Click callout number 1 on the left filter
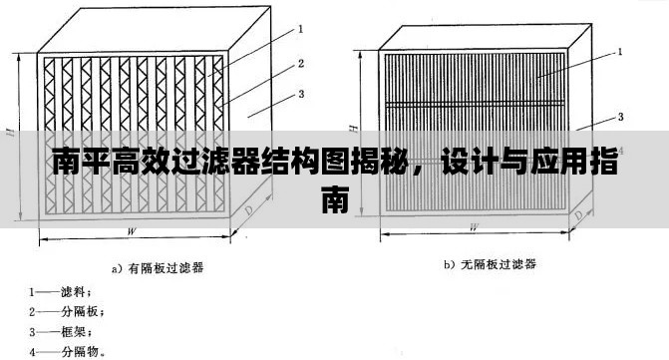coord(300,29)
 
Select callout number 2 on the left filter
coord(300,63)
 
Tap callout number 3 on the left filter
coord(300,96)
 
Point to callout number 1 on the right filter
coord(620,50)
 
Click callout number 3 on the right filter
coord(620,117)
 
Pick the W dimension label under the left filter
coord(132,231)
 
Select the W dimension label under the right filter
coord(473,226)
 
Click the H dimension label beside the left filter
coord(9,131)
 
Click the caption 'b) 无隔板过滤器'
coord(489,264)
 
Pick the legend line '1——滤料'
coord(61,291)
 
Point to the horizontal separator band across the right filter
coord(473,103)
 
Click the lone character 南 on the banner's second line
coord(334,199)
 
